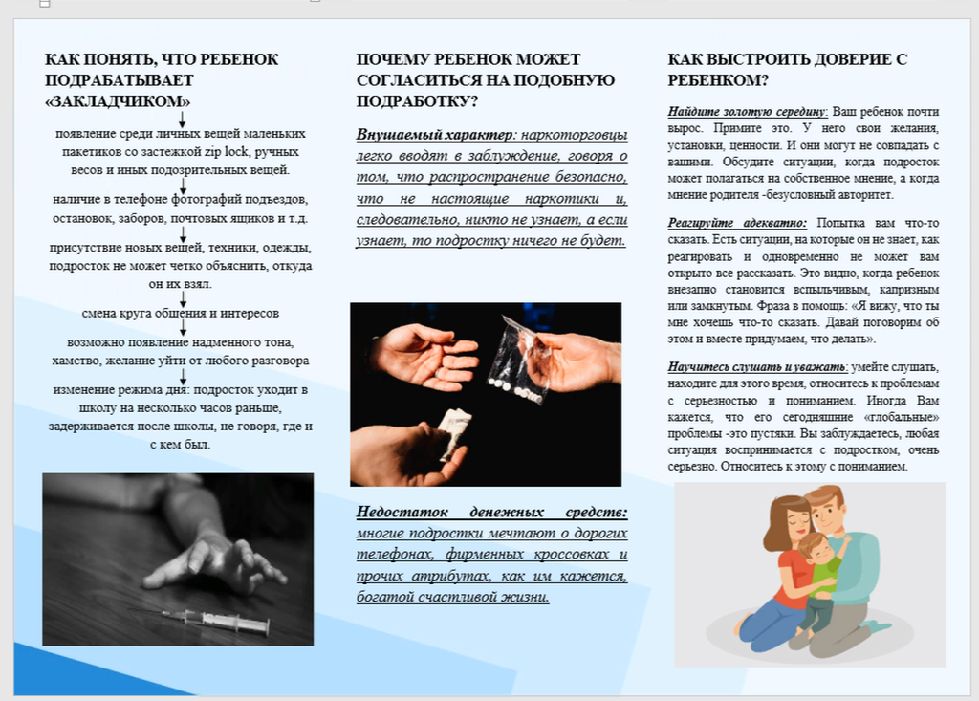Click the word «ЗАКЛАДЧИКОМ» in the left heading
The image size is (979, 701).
pyautogui.click(x=118, y=101)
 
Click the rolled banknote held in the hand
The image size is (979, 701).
pyautogui.click(x=453, y=433)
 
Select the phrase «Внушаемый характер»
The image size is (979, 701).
pyautogui.click(x=435, y=135)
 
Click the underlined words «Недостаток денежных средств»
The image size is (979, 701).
pyautogui.click(x=492, y=513)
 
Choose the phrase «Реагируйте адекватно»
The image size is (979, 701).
pyautogui.click(x=737, y=223)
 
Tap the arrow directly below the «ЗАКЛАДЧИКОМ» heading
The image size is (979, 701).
pyautogui.click(x=183, y=120)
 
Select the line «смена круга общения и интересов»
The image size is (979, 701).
pyautogui.click(x=181, y=313)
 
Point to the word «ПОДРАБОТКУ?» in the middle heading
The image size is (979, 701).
pyautogui.click(x=417, y=101)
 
